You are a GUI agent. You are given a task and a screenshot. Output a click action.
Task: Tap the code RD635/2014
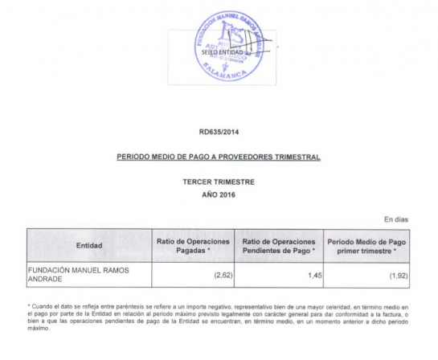click(219, 131)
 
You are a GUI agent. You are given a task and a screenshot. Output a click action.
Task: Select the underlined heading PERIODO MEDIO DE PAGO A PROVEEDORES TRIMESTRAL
click(219, 157)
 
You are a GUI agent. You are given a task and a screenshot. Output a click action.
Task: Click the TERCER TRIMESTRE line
click(219, 182)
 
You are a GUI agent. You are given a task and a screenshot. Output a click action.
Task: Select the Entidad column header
click(88, 245)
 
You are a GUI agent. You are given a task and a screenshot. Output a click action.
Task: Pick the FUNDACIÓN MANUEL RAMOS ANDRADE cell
click(79, 275)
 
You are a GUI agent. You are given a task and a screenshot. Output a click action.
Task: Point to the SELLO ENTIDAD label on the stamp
click(211, 52)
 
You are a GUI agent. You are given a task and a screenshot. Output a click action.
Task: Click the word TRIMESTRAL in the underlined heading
click(295, 157)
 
